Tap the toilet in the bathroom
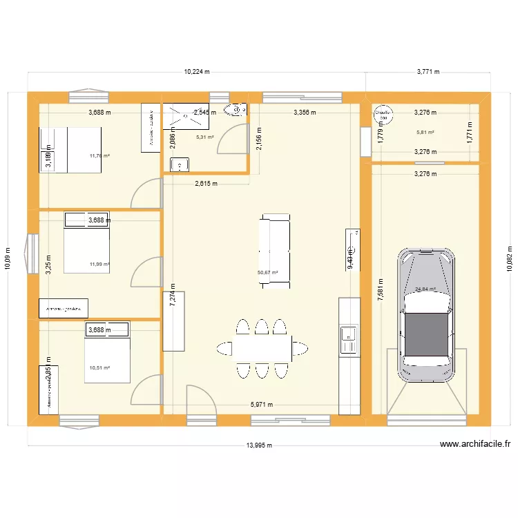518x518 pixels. tap(236, 109)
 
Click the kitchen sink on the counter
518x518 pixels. tap(348, 335)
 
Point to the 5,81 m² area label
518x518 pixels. tap(425, 132)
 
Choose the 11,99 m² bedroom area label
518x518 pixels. tap(99, 264)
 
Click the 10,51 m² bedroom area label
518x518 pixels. tap(99, 368)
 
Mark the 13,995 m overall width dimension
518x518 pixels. tap(259, 445)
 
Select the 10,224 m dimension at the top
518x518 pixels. tap(197, 71)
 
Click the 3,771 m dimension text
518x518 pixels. tap(428, 71)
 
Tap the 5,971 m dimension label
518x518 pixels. tap(261, 405)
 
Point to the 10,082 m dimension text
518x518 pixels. tap(510, 258)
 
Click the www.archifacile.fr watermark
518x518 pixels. tap(474, 445)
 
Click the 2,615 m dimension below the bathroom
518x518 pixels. tap(206, 184)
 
